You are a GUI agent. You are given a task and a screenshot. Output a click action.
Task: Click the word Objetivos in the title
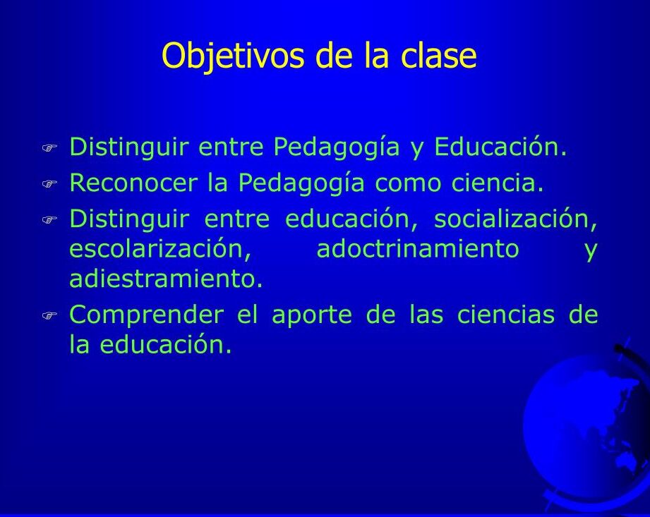(233, 56)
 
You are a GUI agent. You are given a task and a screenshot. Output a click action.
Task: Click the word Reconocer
(133, 183)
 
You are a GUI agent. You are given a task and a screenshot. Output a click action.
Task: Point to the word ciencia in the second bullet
(497, 183)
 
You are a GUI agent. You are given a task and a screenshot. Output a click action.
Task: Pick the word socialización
(516, 219)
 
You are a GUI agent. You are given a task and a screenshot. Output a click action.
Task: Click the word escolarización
(160, 248)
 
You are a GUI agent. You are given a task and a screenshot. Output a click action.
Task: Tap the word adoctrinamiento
(418, 248)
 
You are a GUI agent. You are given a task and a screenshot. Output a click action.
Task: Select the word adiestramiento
(166, 279)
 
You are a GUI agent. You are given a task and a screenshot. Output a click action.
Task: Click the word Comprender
(147, 315)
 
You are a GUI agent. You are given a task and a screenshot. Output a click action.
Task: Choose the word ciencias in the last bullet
(506, 315)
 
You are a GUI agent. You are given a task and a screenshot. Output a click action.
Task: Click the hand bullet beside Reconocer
(49, 184)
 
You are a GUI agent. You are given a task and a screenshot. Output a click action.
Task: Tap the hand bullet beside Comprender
(49, 316)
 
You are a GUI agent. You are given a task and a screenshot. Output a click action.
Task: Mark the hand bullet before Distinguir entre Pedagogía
(49, 148)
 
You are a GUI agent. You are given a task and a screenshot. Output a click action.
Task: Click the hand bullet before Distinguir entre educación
(49, 220)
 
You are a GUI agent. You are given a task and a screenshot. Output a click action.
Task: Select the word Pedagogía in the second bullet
(301, 183)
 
